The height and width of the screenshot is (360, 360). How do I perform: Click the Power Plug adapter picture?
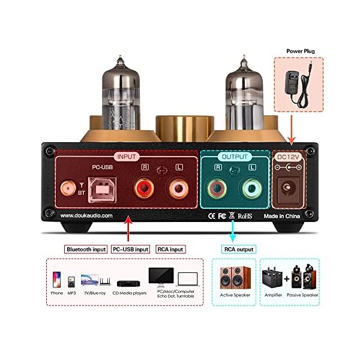[298, 84]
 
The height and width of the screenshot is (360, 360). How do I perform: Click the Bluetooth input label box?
[86, 249]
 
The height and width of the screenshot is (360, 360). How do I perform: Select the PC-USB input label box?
[130, 249]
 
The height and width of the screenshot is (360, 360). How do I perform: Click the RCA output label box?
[235, 249]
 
